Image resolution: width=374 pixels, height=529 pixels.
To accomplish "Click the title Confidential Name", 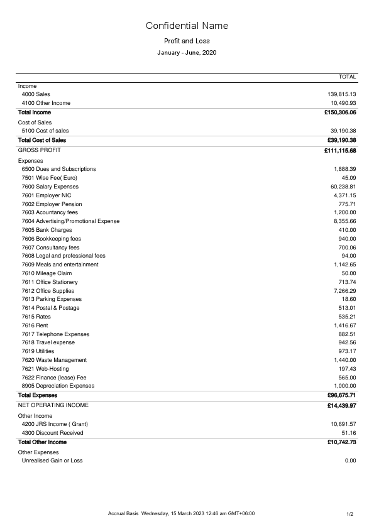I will tap(187, 26).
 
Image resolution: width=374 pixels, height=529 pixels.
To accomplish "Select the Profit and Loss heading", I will tap(187, 41).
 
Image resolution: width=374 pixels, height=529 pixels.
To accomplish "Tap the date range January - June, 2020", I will tap(187, 53).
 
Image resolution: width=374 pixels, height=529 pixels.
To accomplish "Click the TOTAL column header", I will tap(347, 77).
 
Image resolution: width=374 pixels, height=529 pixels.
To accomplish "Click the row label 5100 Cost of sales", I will tap(45, 131).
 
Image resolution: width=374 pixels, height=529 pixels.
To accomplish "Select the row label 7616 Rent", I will tap(35, 325).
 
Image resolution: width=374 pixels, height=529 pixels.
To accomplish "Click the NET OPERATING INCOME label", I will tap(53, 405).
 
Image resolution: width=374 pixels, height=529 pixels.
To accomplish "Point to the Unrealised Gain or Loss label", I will tap(52, 461).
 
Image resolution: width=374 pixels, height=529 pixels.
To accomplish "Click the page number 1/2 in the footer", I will tap(350, 515).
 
